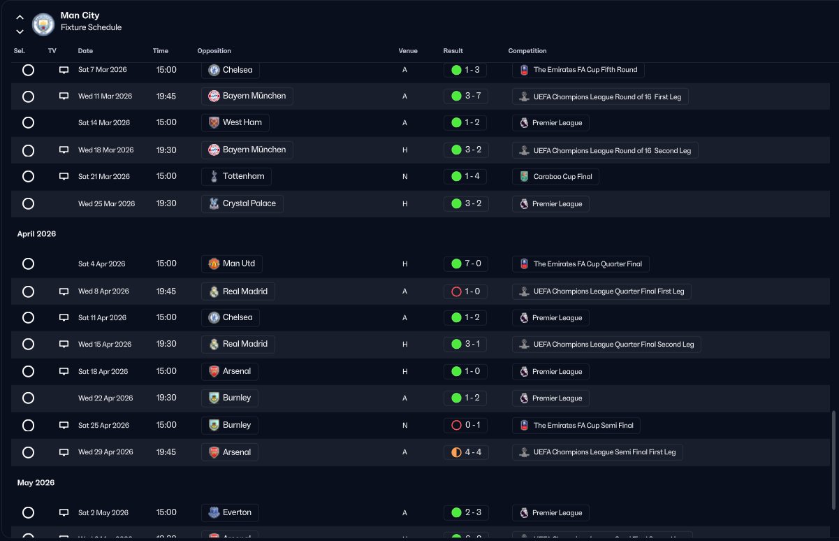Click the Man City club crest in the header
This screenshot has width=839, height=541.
(43, 24)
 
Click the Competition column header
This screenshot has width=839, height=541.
(527, 50)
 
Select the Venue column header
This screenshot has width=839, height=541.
(408, 50)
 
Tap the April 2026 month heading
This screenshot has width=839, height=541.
(36, 233)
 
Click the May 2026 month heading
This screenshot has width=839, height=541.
(36, 482)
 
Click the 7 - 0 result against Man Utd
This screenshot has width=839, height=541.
(473, 264)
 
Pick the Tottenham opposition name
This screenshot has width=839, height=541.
(244, 176)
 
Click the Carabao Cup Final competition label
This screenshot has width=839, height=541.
(562, 176)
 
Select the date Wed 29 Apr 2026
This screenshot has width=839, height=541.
(105, 452)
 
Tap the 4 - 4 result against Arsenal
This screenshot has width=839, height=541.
(473, 452)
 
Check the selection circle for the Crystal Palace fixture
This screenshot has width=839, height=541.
(28, 203)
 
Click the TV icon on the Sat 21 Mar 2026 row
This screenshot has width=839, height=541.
(64, 176)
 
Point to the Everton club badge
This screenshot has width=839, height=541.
(214, 512)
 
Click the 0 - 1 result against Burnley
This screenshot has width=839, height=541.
(472, 425)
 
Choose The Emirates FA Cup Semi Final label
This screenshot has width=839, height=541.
(583, 425)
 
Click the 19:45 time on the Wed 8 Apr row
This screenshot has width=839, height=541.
(166, 291)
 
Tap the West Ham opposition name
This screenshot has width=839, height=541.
(242, 122)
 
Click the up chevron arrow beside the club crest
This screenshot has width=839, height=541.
(20, 17)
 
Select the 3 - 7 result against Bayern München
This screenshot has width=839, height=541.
(473, 96)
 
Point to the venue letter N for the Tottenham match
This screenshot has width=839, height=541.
(405, 176)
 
